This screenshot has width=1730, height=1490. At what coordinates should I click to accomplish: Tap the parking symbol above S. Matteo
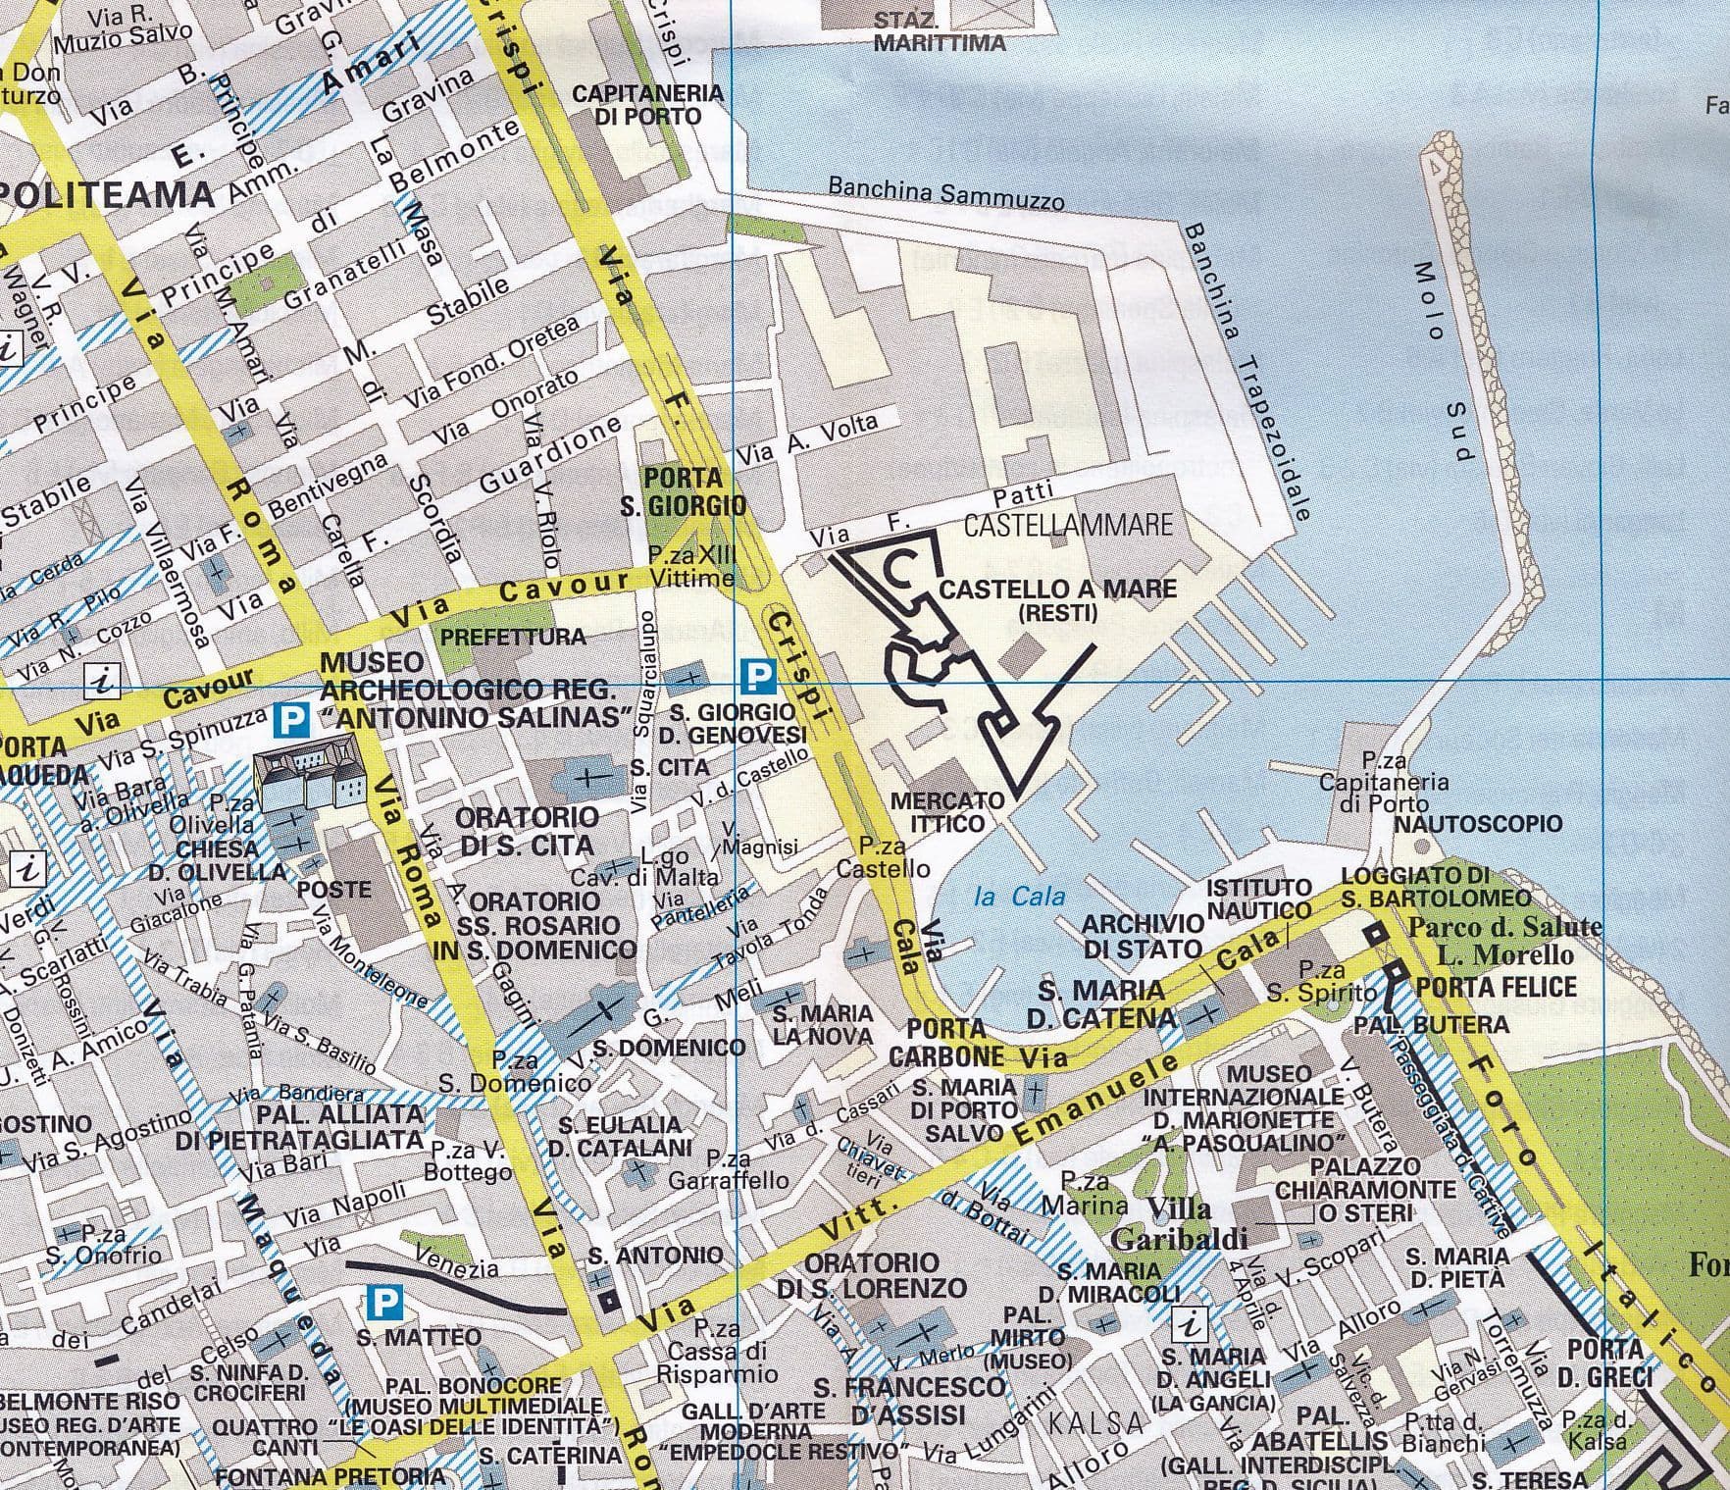(385, 1303)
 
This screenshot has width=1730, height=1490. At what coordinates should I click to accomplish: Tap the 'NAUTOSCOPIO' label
(1477, 823)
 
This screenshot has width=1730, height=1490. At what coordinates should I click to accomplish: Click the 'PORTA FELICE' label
(1497, 987)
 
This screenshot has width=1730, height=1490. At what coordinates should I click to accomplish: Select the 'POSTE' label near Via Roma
(334, 890)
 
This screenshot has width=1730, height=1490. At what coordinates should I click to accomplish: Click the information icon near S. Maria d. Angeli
(1192, 1325)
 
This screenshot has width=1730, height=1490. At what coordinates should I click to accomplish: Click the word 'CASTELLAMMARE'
(1067, 525)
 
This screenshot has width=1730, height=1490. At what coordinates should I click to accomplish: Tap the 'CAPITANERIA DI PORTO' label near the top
(647, 105)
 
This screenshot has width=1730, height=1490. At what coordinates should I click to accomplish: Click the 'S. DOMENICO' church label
(669, 1048)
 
